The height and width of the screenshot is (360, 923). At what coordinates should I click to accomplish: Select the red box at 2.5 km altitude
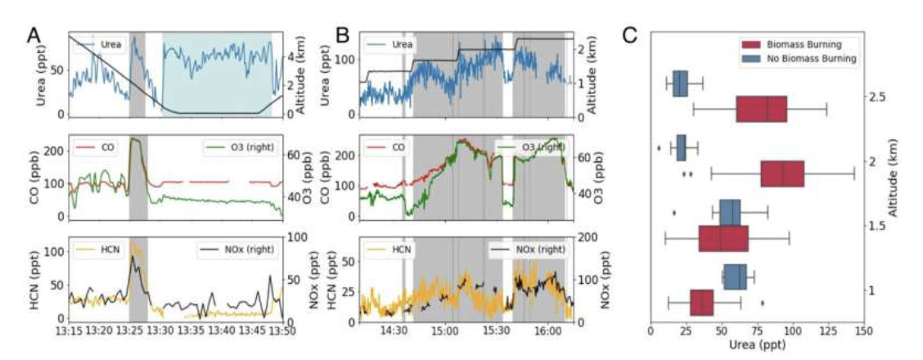pyautogui.click(x=761, y=108)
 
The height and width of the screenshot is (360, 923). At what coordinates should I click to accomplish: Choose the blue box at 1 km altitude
pyautogui.click(x=735, y=277)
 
